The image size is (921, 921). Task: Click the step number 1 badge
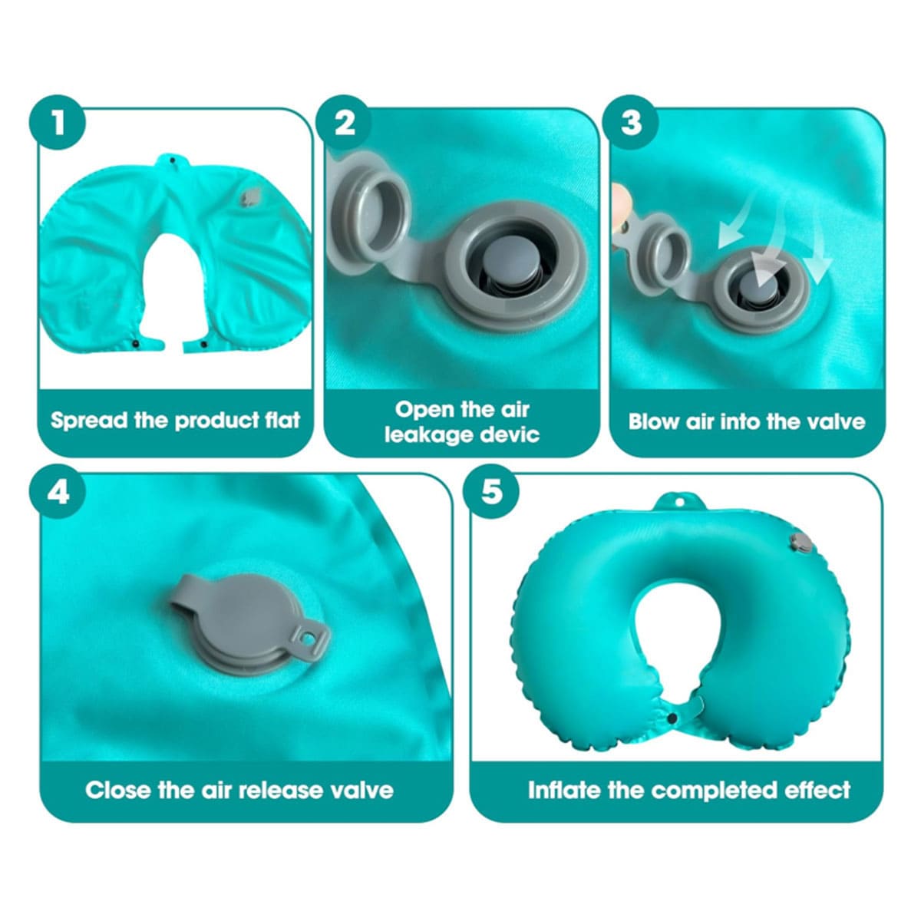click(x=58, y=122)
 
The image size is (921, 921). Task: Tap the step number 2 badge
click(x=344, y=122)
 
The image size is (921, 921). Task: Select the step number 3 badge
click(x=630, y=122)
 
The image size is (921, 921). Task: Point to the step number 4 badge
click(x=58, y=492)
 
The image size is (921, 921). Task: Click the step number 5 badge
click(x=492, y=492)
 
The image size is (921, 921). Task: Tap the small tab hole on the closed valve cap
click(x=311, y=637)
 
